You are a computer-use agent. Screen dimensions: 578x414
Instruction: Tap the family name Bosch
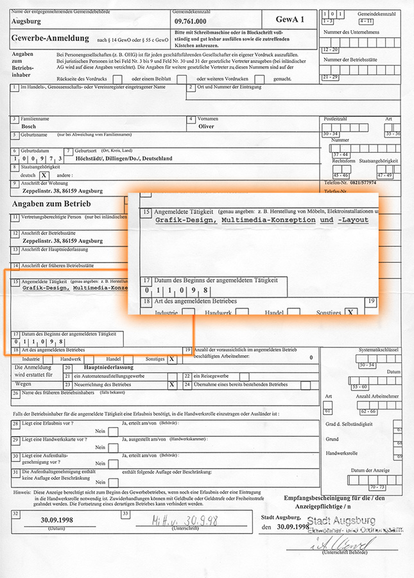29,127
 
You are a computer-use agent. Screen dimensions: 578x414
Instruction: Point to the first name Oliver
206,127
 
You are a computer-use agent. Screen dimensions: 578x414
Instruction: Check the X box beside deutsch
44,175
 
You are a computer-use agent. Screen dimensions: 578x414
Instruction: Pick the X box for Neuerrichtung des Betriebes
171,385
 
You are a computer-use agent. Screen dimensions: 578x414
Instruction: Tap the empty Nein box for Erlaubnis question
113,432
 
